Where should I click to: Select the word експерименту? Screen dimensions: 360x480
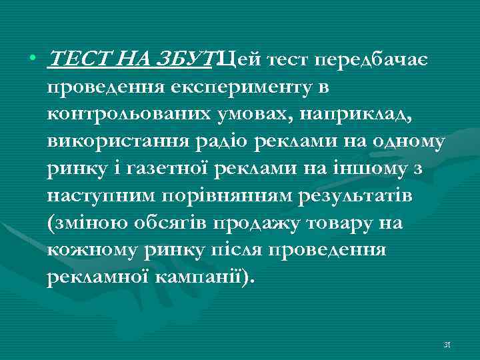(252, 88)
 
